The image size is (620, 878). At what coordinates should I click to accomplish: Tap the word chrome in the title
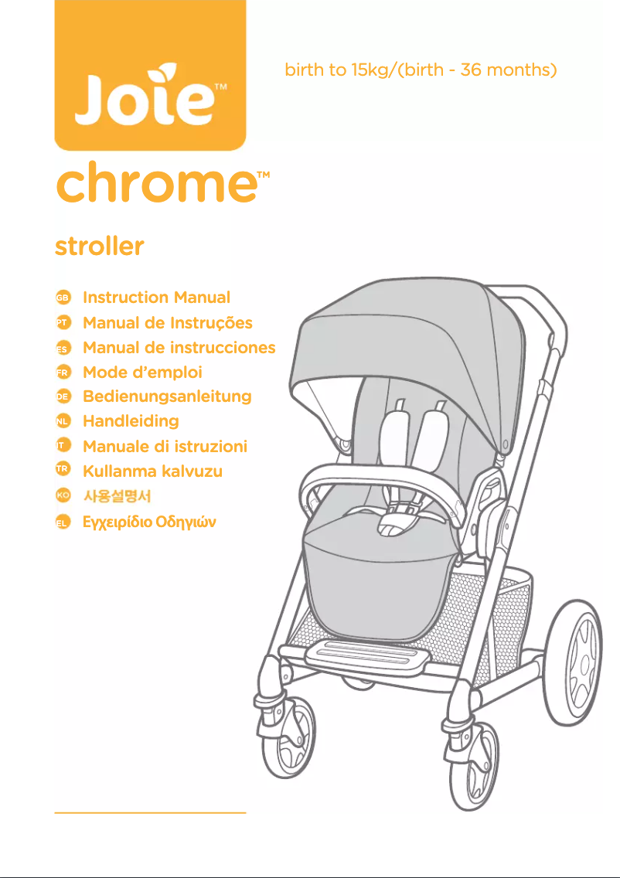[x=155, y=185]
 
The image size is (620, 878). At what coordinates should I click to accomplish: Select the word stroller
[x=100, y=247]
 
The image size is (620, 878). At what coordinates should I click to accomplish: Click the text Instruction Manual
[x=156, y=298]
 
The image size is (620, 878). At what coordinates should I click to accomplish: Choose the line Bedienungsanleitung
[x=167, y=396]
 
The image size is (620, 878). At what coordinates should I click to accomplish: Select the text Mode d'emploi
[x=142, y=372]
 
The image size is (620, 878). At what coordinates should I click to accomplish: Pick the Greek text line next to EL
[x=149, y=522]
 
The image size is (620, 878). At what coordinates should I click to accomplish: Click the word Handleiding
[x=131, y=421]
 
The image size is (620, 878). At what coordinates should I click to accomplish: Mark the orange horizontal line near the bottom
[x=150, y=813]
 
